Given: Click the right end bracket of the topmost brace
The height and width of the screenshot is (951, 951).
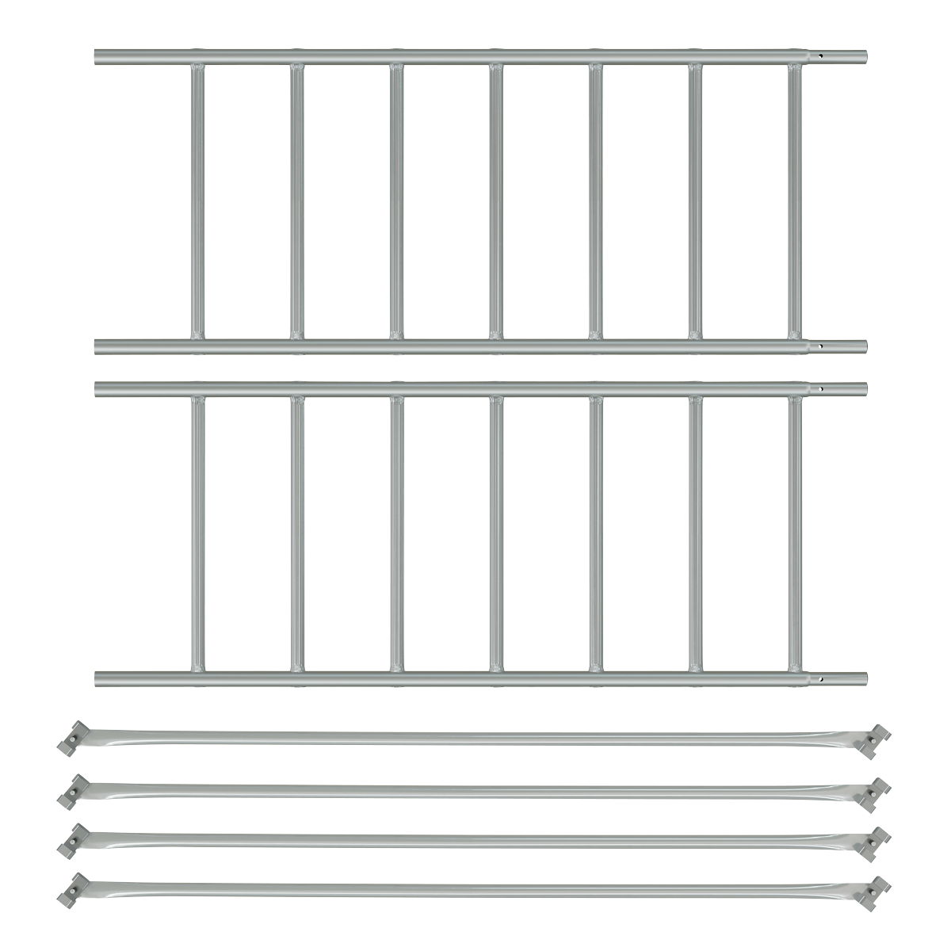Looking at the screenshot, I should tap(879, 739).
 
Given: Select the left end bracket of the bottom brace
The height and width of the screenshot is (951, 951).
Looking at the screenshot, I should tap(72, 888).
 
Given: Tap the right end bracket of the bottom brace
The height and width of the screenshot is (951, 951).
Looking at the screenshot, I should tap(879, 890).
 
